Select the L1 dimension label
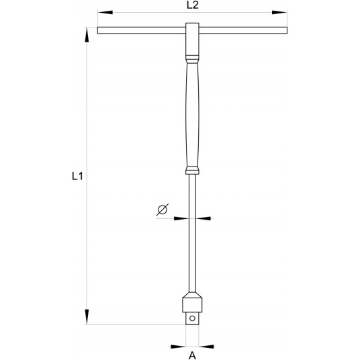pyautogui.click(x=77, y=177)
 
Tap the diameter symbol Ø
pyautogui.click(x=162, y=210)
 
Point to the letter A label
pyautogui.click(x=192, y=357)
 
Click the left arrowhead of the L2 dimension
pyautogui.click(x=101, y=13)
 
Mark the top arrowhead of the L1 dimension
pyautogui.click(x=87, y=32)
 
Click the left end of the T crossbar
pyautogui.click(x=100, y=30)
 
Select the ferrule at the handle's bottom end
pyautogui.click(x=191, y=169)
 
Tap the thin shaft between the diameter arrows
pyautogui.click(x=191, y=218)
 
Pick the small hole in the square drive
pyautogui.click(x=192, y=318)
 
